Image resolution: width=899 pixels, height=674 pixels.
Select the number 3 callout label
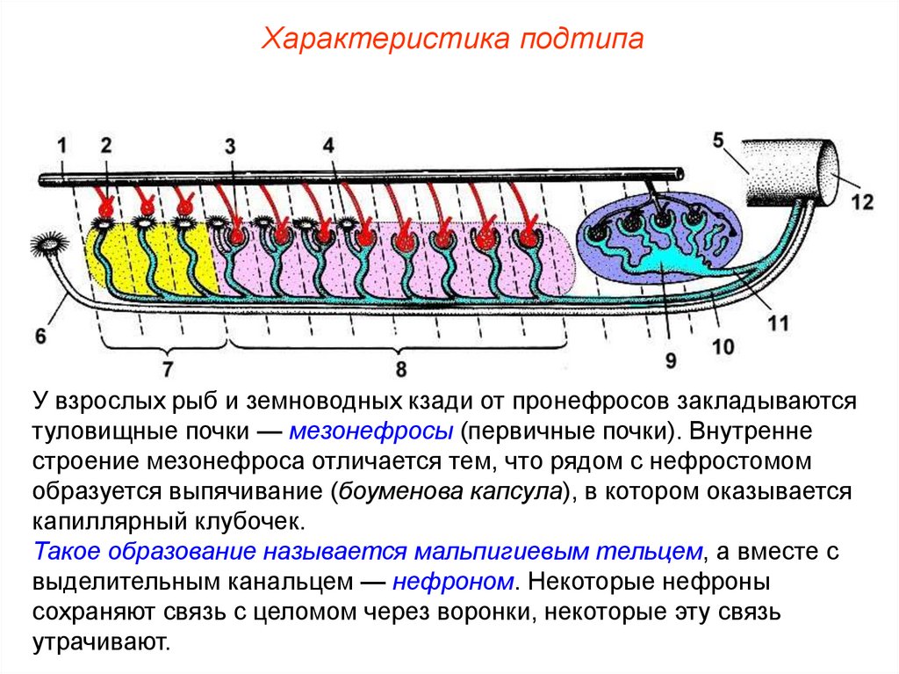[230, 147]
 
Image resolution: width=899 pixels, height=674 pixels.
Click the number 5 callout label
[717, 140]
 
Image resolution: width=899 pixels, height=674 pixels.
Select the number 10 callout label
[723, 346]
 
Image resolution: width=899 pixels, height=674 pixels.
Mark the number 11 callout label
[777, 323]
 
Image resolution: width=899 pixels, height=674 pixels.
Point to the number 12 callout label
[863, 202]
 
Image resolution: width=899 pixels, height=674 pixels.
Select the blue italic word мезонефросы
[370, 431]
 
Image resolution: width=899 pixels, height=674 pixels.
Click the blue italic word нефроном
[453, 581]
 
